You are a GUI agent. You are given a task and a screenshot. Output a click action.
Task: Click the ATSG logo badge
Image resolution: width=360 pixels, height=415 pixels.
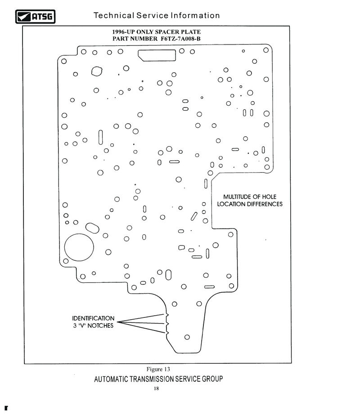coord(35,17)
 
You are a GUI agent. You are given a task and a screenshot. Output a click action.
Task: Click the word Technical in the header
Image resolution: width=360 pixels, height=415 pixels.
coord(114,15)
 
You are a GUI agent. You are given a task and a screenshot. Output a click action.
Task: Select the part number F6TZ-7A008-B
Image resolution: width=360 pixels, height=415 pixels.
coord(180,39)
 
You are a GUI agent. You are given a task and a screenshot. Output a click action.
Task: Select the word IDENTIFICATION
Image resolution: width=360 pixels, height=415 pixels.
coord(93,318)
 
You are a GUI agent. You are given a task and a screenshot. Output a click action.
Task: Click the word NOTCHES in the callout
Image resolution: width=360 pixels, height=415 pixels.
coord(100,326)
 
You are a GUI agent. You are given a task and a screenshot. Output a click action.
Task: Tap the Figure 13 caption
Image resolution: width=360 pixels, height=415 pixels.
coord(158,369)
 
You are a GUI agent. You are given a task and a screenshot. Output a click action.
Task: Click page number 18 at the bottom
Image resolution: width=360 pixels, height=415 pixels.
coord(156,388)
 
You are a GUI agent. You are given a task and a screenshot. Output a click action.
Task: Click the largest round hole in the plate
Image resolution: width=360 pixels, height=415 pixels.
coord(79,247)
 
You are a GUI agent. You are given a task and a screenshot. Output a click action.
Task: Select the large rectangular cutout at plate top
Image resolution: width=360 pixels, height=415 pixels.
coord(157,55)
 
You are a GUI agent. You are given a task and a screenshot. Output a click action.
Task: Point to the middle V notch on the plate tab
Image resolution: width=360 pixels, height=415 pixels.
coord(167,324)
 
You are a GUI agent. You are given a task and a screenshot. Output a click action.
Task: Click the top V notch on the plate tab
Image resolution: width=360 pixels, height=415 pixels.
coord(167,315)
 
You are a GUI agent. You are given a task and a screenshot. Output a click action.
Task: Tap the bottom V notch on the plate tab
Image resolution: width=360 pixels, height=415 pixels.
coord(167,332)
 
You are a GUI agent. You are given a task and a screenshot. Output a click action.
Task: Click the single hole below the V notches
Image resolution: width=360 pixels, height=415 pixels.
coord(187,337)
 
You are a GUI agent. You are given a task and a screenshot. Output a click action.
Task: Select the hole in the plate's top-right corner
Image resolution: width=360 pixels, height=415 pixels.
coord(266,50)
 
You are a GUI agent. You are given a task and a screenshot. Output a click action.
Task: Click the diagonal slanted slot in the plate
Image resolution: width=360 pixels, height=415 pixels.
coord(194,216)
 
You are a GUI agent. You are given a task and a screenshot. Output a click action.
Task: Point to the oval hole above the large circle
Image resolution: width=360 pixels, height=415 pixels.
coord(92,228)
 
